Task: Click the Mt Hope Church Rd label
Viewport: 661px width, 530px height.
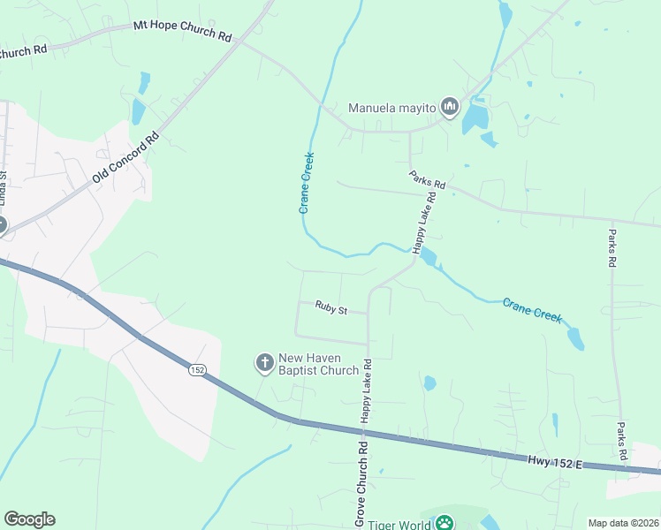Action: (x=182, y=32)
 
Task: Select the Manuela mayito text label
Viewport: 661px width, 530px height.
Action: (x=392, y=109)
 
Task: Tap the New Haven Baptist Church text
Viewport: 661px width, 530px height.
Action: (x=318, y=364)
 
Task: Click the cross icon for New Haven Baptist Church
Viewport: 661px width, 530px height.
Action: (x=264, y=363)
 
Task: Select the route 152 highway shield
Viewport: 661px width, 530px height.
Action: (x=196, y=370)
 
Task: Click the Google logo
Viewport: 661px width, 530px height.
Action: (x=29, y=519)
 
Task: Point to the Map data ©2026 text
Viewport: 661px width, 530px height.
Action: (x=623, y=523)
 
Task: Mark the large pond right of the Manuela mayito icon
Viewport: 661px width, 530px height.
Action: (x=475, y=116)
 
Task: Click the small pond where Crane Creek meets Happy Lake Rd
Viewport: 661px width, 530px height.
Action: (x=429, y=257)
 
